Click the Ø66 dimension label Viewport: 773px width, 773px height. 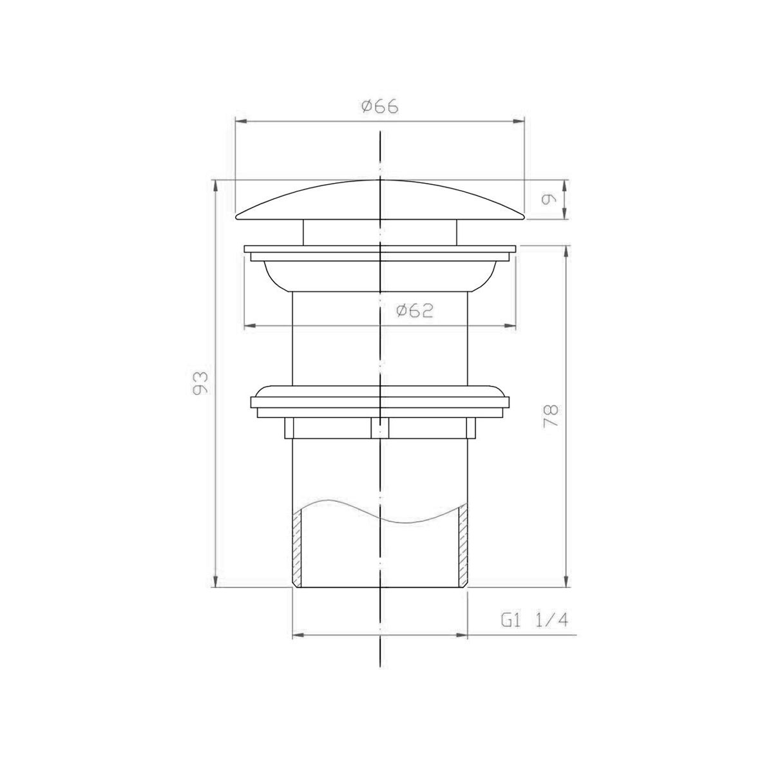pyautogui.click(x=380, y=107)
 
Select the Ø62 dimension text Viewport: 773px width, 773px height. pyautogui.click(x=415, y=310)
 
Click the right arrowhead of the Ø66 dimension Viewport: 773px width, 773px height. pyautogui.click(x=519, y=121)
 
